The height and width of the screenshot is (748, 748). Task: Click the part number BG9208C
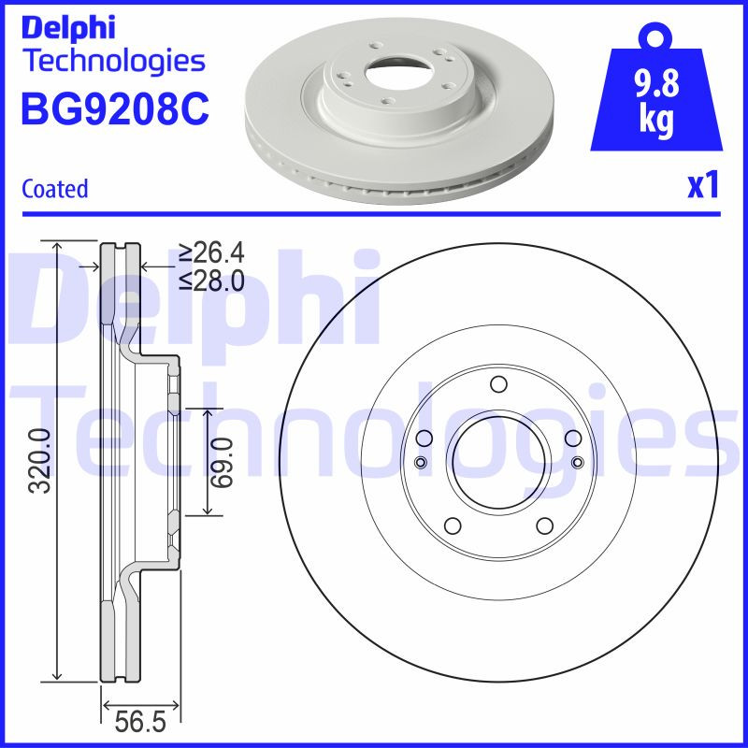[114, 109]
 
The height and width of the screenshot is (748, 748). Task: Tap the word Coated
[54, 189]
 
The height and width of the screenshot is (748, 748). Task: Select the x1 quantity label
[703, 186]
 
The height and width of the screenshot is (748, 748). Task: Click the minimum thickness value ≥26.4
[211, 252]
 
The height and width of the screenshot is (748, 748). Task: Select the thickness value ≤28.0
[211, 279]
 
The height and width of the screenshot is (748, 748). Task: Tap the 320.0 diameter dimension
[38, 460]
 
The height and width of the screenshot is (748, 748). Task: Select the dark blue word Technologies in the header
[112, 61]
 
